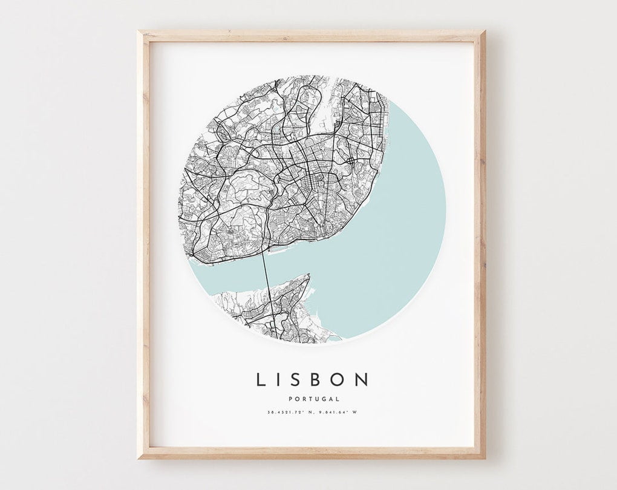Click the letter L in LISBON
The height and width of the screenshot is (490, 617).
click(x=261, y=379)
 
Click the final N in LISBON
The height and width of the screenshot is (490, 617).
click(x=362, y=379)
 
